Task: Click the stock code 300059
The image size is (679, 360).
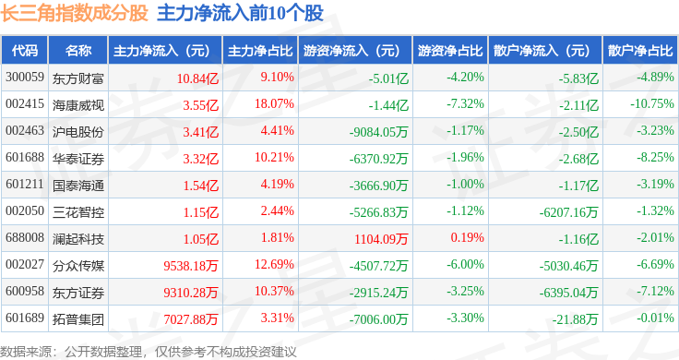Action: point(25,78)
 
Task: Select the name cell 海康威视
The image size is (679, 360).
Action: point(78,105)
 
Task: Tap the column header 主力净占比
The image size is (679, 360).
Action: point(260,51)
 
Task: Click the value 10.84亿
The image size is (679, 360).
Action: point(197,78)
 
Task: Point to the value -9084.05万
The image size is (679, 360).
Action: point(379,132)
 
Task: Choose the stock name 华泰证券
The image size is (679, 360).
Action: point(78,159)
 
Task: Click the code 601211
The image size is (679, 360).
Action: point(25,184)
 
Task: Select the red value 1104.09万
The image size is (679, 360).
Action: point(381,239)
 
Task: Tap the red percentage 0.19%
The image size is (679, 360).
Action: point(467,238)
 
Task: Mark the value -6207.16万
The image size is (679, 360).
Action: point(568,212)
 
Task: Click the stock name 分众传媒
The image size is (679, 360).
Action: point(78,266)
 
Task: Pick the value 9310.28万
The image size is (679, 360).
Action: point(191,293)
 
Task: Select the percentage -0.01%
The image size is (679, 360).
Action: point(655,318)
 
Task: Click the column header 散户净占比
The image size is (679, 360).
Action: point(640,51)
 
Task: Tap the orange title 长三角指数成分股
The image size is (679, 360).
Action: point(75,13)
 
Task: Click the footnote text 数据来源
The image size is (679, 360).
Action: point(26,352)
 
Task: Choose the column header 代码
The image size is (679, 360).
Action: point(25,51)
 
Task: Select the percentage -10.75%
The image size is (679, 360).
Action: point(652,104)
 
